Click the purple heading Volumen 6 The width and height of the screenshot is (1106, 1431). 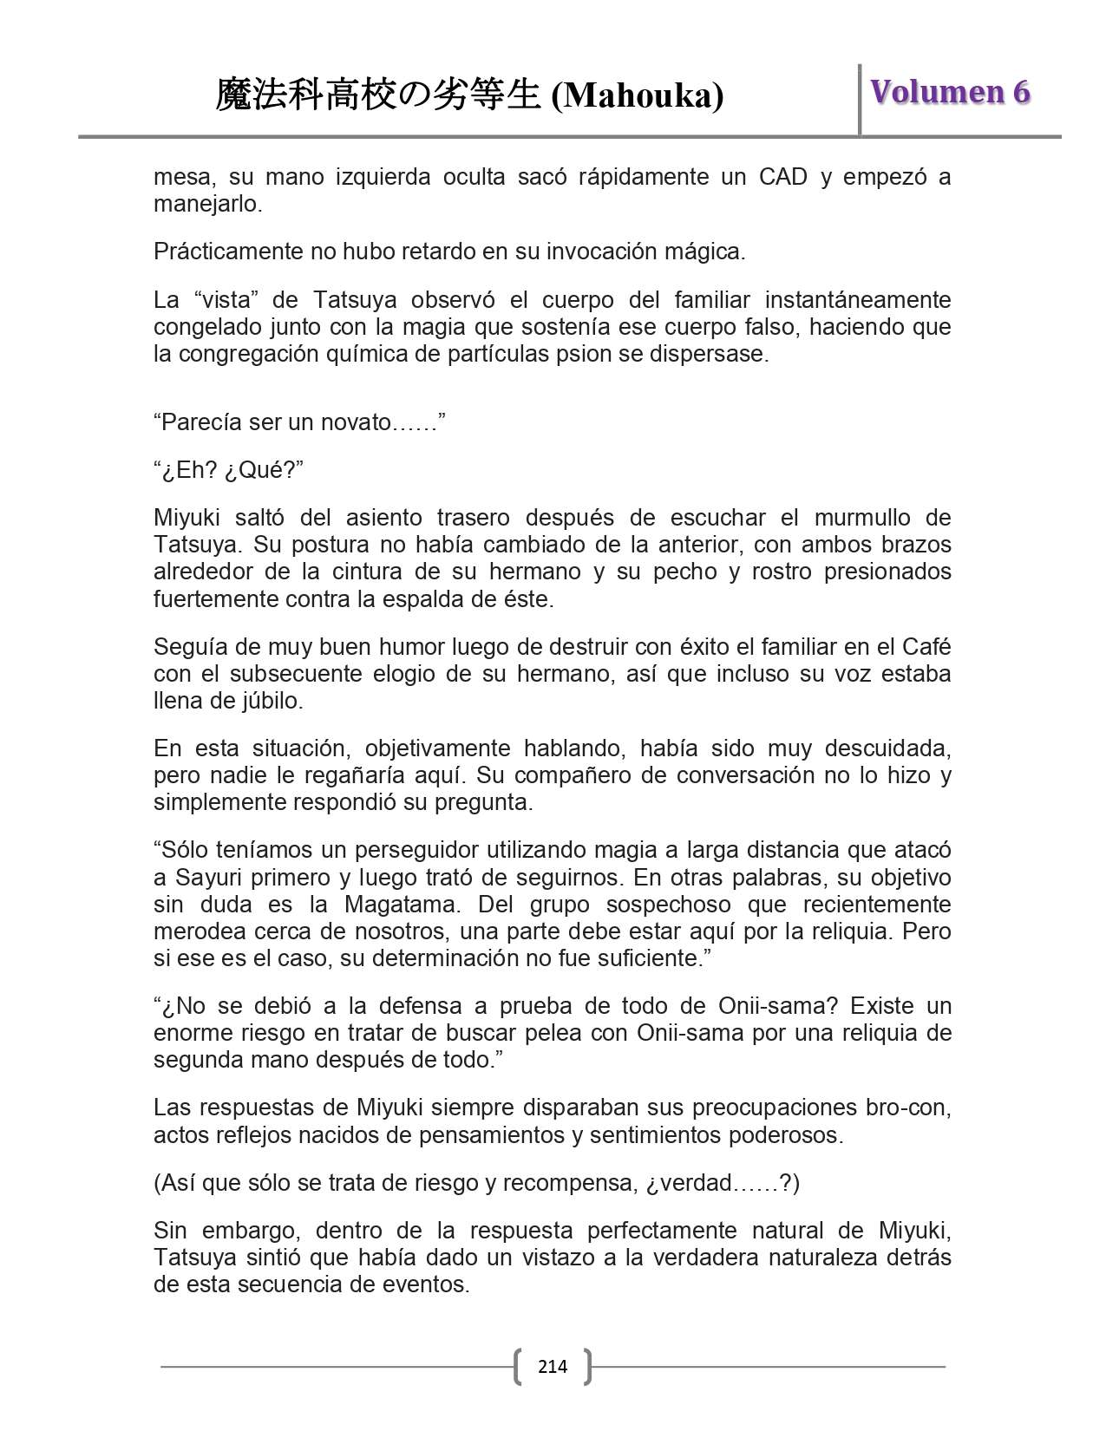[x=950, y=92]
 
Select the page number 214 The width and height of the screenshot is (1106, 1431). [x=553, y=1367]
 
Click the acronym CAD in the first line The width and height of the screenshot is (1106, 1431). [x=783, y=177]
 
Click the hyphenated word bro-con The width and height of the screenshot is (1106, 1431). [x=908, y=1108]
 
